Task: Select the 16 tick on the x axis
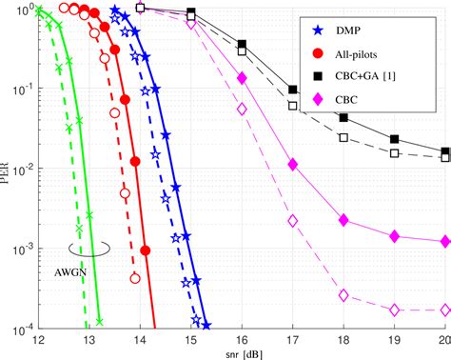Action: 242,340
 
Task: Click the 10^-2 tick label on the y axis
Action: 21,169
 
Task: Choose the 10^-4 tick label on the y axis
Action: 21,329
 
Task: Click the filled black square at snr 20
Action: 445,151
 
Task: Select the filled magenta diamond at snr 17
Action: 293,166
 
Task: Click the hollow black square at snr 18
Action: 343,138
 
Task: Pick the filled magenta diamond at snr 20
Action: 445,242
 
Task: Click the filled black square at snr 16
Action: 243,45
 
